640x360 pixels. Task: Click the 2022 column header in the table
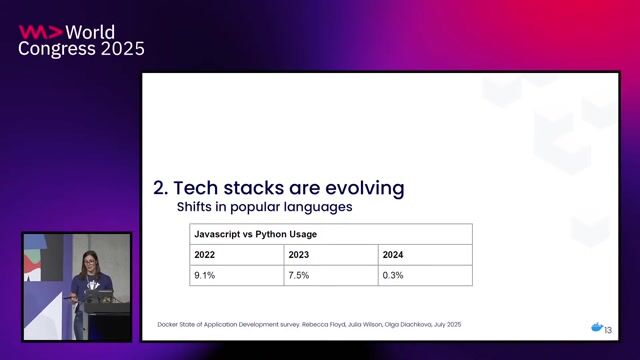coord(204,255)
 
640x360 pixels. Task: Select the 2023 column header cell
coord(299,255)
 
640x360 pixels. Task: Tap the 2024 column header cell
coord(393,255)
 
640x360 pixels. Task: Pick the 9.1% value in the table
coord(204,275)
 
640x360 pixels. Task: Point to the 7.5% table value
coord(299,275)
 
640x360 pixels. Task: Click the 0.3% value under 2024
coord(393,275)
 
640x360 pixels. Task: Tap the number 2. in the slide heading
coord(160,188)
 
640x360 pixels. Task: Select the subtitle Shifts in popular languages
coord(264,208)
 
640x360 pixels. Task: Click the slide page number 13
coord(608,329)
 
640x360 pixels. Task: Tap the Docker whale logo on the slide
coord(596,327)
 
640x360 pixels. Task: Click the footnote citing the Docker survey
coord(310,326)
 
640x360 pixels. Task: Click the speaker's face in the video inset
coord(89,262)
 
